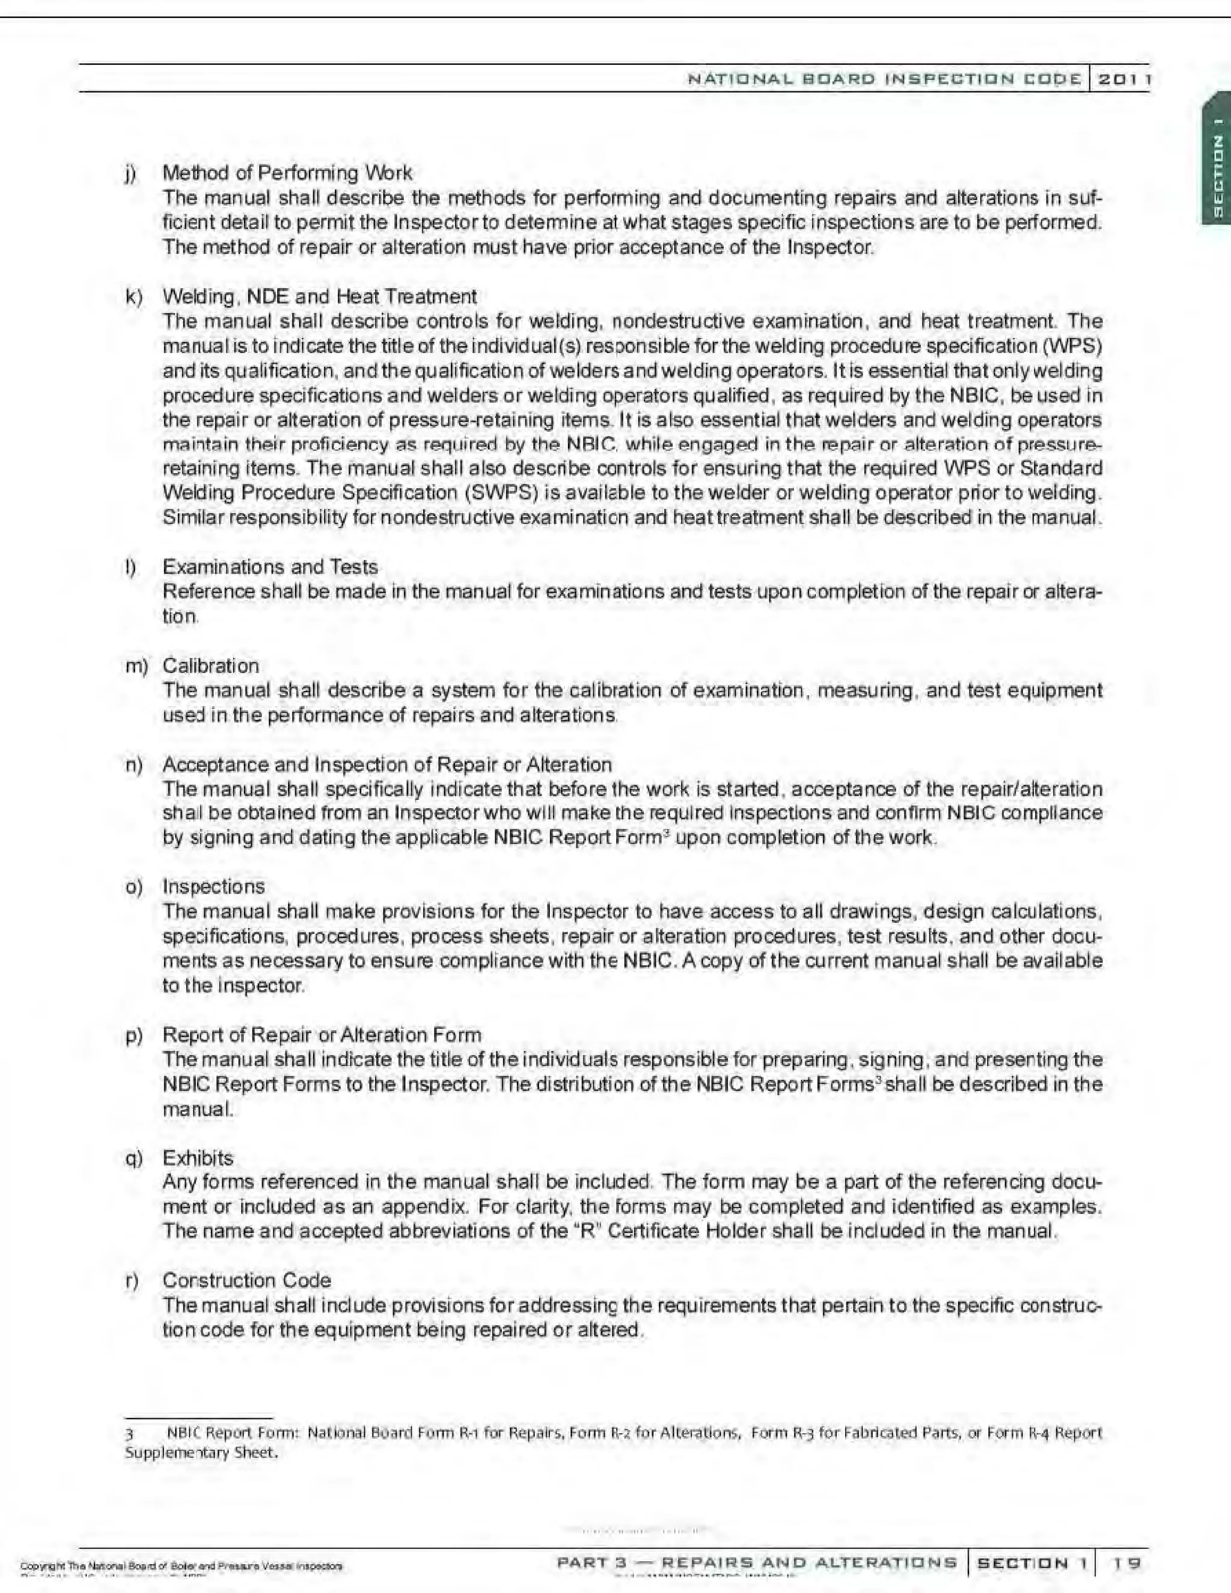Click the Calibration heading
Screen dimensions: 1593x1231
pyautogui.click(x=211, y=665)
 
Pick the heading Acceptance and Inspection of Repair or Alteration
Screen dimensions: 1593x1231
pyautogui.click(x=386, y=764)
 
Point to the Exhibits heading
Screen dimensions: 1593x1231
pyautogui.click(x=198, y=1158)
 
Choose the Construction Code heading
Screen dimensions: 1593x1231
pyautogui.click(x=246, y=1280)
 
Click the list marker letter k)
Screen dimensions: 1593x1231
pyautogui.click(x=133, y=297)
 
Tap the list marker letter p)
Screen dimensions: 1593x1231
pyautogui.click(x=133, y=1036)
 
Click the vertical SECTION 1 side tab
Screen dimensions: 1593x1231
pyautogui.click(x=1217, y=175)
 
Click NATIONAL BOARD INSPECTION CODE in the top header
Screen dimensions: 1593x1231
pyautogui.click(x=884, y=79)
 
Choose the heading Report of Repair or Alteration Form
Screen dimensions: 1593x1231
pyautogui.click(x=322, y=1035)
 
